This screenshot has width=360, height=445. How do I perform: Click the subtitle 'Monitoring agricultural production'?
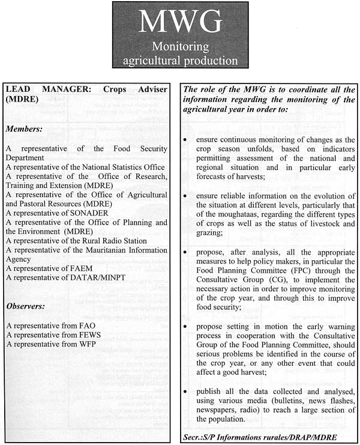pos(180,53)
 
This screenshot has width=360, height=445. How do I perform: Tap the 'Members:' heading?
pos(25,129)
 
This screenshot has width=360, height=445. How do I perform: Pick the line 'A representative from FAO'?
pos(51,325)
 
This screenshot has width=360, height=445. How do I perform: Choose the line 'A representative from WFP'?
pos(52,344)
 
